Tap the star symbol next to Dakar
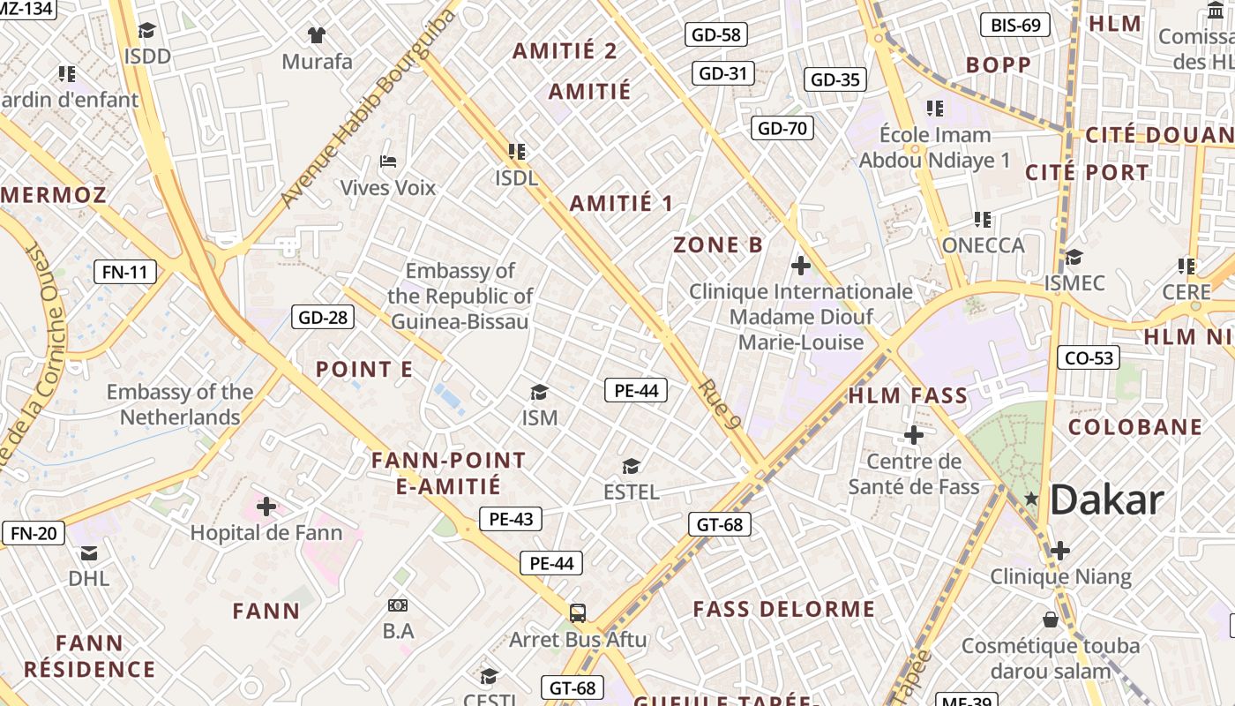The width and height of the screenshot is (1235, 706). [x=1031, y=499]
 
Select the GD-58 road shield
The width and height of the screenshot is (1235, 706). [x=716, y=34]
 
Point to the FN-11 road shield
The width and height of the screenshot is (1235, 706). [x=125, y=272]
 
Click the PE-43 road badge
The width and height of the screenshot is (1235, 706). [x=511, y=519]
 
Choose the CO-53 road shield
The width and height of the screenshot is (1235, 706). [x=1089, y=357]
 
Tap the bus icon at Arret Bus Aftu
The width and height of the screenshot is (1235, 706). [x=578, y=612]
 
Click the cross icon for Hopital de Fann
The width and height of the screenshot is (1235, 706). [x=266, y=507]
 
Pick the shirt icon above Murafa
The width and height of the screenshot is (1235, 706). [x=317, y=35]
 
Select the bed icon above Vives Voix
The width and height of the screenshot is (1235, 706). [x=388, y=161]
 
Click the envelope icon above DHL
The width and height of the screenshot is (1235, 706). [x=89, y=553]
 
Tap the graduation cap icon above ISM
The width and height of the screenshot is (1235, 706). [x=539, y=392]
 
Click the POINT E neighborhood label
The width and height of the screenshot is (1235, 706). [x=364, y=370]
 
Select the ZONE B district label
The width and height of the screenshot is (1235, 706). [x=718, y=245]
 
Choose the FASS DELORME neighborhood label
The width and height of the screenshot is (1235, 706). [x=784, y=610]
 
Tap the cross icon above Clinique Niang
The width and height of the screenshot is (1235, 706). [x=1059, y=551]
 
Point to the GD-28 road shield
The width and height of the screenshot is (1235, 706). [x=324, y=318]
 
